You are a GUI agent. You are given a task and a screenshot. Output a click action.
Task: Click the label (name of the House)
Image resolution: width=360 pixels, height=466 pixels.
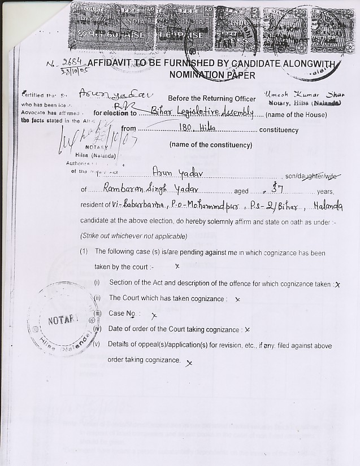296,115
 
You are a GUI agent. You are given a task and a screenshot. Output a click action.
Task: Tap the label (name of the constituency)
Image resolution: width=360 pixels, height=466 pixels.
210,145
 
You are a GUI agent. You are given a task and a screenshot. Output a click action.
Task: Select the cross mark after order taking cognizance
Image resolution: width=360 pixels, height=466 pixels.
188,364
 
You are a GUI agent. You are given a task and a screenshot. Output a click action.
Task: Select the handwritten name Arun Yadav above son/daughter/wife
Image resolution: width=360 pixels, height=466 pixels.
173,173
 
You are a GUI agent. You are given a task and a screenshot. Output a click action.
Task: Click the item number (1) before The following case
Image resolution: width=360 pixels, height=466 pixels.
84,251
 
